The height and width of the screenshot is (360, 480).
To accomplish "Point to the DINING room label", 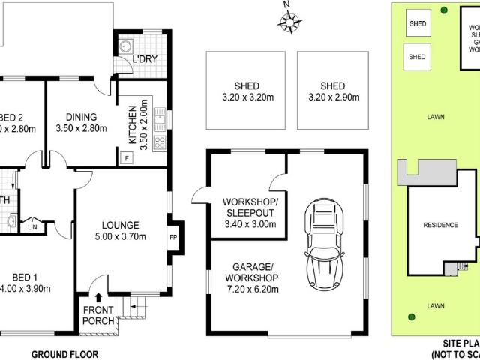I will coord(82,117).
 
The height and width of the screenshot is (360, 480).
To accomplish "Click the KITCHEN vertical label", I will coord(133,124).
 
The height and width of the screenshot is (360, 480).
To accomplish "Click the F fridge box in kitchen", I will coord(126,157).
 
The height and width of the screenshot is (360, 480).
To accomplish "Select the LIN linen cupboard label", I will coord(32,226).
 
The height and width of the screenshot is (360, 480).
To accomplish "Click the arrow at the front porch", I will coord(98,299).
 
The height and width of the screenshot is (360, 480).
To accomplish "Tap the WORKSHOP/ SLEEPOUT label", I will coord(250,208).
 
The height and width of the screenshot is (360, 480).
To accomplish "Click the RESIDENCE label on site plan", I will coord(441,223).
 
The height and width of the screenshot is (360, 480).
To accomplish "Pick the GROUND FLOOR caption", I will coord(64,353).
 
